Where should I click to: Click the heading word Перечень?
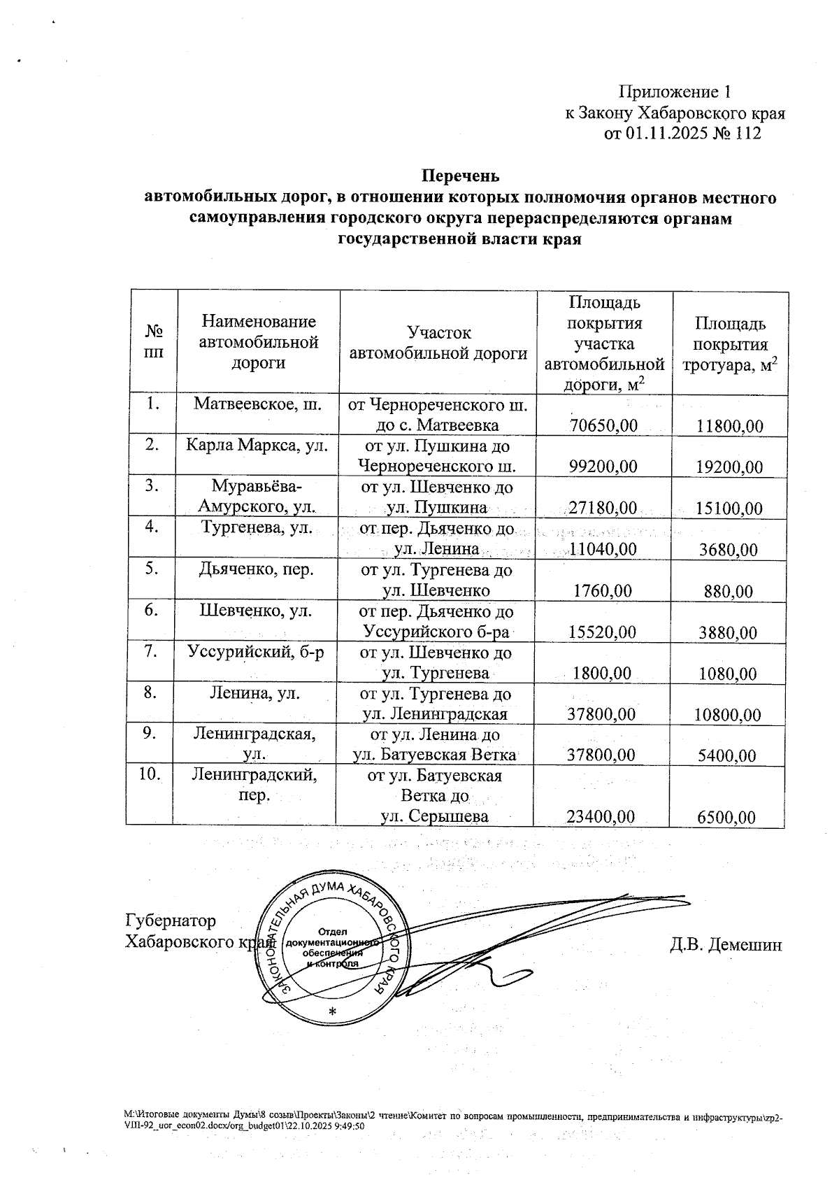460,174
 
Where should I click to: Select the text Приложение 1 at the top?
675,92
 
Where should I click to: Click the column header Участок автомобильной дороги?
438,343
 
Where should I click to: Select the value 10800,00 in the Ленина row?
727,715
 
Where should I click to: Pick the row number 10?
151,774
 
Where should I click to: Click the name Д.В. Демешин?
726,945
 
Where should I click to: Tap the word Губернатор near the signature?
171,921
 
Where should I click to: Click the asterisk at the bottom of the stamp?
332,1012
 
